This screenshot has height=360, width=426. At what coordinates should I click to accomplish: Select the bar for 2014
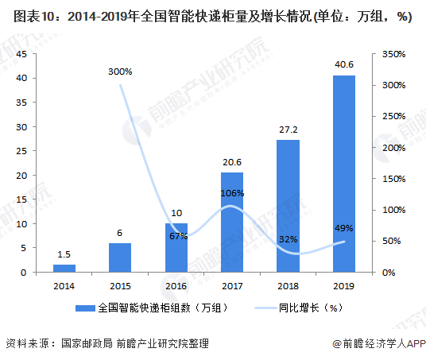(x=64, y=268)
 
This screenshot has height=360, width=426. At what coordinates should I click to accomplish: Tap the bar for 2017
(x=232, y=222)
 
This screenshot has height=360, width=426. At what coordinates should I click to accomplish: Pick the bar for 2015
(x=120, y=257)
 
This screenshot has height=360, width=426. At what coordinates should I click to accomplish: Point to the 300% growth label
(x=120, y=72)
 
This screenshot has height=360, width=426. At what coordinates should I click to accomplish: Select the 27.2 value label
(x=288, y=130)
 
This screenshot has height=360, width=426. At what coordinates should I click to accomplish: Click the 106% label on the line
(x=233, y=193)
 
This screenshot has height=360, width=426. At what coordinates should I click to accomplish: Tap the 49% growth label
(x=343, y=229)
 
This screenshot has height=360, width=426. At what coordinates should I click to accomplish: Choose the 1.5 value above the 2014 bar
(x=64, y=254)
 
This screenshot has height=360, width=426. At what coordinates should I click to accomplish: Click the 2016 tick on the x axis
(x=176, y=285)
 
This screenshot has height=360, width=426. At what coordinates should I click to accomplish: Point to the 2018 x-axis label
(x=288, y=285)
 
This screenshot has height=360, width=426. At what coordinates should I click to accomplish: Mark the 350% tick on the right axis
(x=393, y=54)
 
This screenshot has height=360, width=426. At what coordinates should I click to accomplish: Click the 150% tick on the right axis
(x=393, y=179)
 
